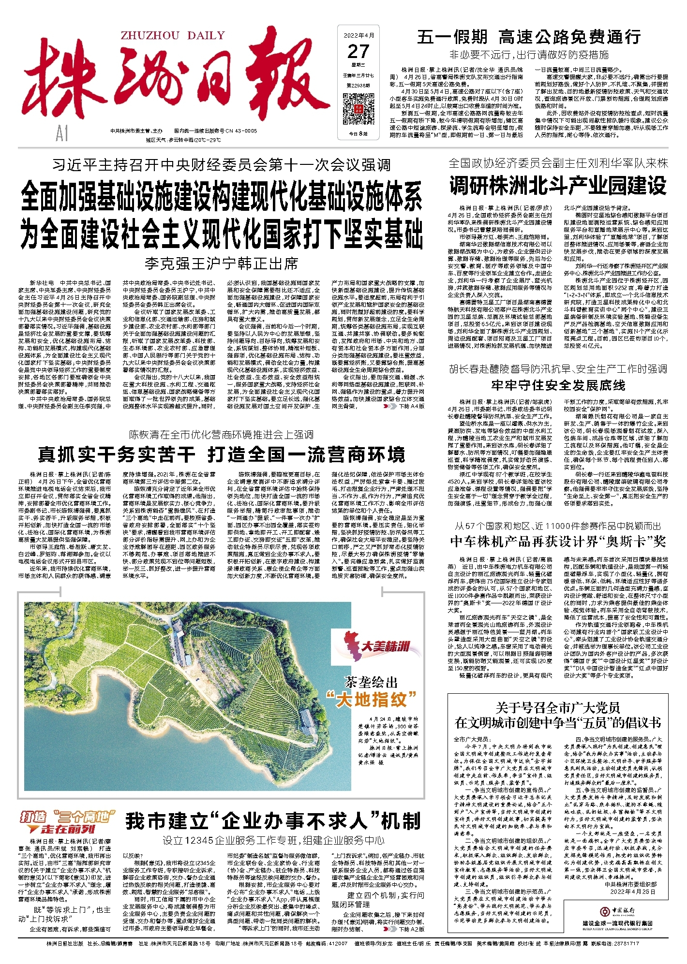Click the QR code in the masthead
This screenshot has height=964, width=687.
(x=358, y=107)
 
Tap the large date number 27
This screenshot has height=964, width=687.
(x=358, y=51)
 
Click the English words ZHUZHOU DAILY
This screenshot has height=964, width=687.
(x=173, y=35)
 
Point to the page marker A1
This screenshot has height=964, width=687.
(x=62, y=134)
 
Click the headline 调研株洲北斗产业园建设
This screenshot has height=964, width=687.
(x=557, y=187)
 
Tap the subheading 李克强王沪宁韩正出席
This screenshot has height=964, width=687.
(x=221, y=264)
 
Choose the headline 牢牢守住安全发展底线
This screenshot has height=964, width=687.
(x=558, y=385)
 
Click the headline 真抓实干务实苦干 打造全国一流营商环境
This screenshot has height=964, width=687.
(x=221, y=455)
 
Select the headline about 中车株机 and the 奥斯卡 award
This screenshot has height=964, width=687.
(x=558, y=541)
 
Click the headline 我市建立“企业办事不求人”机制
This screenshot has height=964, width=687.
(x=273, y=821)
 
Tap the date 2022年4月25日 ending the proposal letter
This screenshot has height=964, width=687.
(x=633, y=891)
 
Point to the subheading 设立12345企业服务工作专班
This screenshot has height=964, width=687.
(x=273, y=841)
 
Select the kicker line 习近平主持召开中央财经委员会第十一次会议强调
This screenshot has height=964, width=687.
(x=221, y=165)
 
